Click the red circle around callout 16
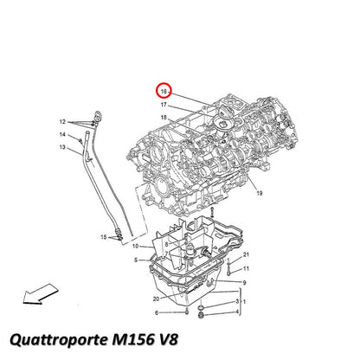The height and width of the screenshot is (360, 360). tap(157, 91)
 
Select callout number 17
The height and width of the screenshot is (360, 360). tap(164, 105)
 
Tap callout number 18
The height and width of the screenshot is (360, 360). tap(164, 118)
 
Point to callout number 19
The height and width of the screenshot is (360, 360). tap(260, 193)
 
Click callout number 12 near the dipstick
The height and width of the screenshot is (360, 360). tap(62, 122)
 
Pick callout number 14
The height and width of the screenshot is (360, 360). tap(62, 134)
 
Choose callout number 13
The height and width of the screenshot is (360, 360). tap(62, 147)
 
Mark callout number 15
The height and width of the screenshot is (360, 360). tap(104, 237)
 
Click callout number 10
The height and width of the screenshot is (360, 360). tap(135, 246)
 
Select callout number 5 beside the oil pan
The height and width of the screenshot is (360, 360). tap(136, 260)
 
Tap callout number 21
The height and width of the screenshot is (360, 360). tap(246, 254)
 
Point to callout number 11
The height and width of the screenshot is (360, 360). tap(246, 268)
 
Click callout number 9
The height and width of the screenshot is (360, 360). tap(244, 283)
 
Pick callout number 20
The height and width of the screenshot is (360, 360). tap(156, 299)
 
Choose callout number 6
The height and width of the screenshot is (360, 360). tap(157, 312)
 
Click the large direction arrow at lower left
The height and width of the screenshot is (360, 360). tap(41, 293)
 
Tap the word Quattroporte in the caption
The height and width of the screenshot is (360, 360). tap(59, 339)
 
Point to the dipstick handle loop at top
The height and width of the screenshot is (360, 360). tap(98, 115)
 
